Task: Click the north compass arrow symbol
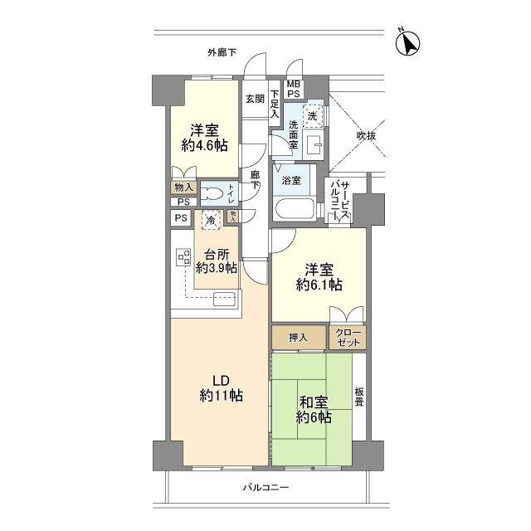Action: pos(407,43)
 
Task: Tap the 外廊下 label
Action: pos(222,52)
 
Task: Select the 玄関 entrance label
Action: pos(255,99)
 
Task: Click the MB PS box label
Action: pos(294,89)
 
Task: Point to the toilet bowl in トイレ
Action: pos(212,194)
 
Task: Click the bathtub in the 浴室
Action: pos(295,209)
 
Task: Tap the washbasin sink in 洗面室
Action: pos(314,146)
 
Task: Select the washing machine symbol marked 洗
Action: pos(312,116)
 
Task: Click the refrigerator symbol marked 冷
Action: pos(211,220)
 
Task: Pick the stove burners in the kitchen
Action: pos(183,257)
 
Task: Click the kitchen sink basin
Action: pos(224,299)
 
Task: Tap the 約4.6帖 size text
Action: pos(205,146)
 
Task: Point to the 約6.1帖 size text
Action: pos(319,285)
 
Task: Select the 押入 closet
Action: pos(299,338)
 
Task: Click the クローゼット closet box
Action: pos(348,338)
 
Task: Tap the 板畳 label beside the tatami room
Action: pos(359,397)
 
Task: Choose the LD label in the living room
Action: pos(221,381)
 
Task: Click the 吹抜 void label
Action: pos(366,136)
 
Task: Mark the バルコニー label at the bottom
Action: pos(265,487)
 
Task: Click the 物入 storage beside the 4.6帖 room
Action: pos(184,188)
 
